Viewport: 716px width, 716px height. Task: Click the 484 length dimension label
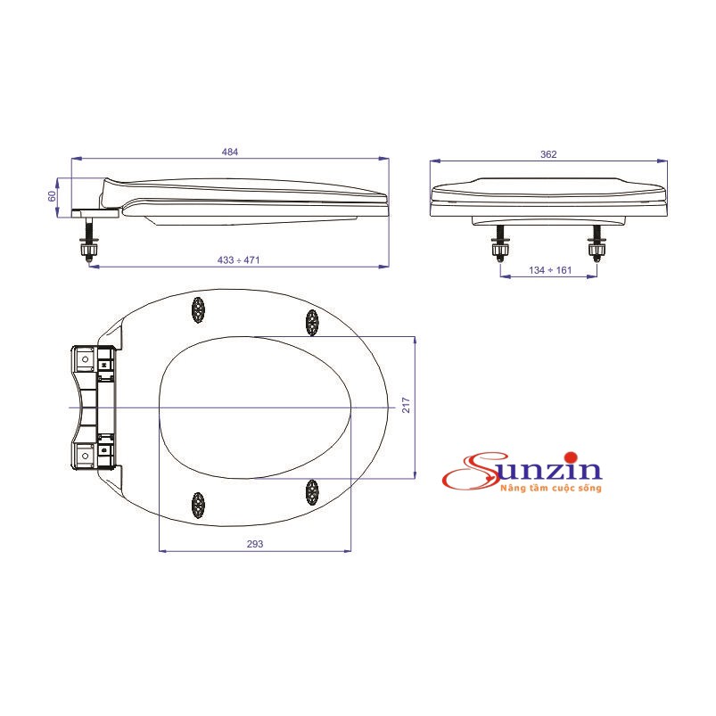tap(230, 152)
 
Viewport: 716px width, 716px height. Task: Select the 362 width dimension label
tap(548, 154)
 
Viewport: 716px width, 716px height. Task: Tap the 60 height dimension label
tap(53, 193)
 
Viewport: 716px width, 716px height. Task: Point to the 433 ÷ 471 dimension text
tap(238, 259)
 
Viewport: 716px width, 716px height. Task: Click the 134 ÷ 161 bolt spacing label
tap(548, 269)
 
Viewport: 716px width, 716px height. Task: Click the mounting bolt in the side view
tap(89, 243)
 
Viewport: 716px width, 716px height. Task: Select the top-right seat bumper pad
tap(312, 322)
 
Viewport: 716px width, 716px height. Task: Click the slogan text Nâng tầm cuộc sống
tap(551, 489)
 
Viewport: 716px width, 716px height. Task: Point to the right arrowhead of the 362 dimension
tap(663, 161)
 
